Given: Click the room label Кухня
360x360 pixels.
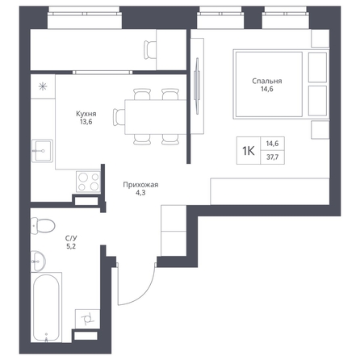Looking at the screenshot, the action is point(86,114).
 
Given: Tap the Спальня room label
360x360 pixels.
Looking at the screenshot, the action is point(267,81).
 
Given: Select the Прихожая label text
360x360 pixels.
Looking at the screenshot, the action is point(140,185).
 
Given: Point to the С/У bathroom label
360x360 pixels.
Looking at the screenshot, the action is point(71,238).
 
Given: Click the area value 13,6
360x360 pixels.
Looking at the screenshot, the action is point(86,122).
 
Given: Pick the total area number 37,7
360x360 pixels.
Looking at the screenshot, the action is point(272,157).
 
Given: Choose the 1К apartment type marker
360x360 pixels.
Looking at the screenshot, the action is point(249,151).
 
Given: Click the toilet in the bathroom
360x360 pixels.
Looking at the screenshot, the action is point(43,225).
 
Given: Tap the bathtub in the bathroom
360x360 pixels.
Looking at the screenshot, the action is point(46,308).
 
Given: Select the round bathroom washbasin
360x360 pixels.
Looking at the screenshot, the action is point(38,261).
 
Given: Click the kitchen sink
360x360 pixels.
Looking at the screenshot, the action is point(42,151).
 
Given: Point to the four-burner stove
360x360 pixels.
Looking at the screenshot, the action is point(88,182).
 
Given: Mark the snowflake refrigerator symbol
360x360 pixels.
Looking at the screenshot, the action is point(43,86).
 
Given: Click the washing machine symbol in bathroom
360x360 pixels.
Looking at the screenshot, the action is point(88,319).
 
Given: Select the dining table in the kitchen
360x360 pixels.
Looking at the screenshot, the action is point(156,117).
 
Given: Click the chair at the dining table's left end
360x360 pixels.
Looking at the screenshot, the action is point(119,117).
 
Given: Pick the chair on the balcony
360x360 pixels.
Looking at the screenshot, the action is point(150,50).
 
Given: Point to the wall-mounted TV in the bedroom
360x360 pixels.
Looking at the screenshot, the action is point(197,86).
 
